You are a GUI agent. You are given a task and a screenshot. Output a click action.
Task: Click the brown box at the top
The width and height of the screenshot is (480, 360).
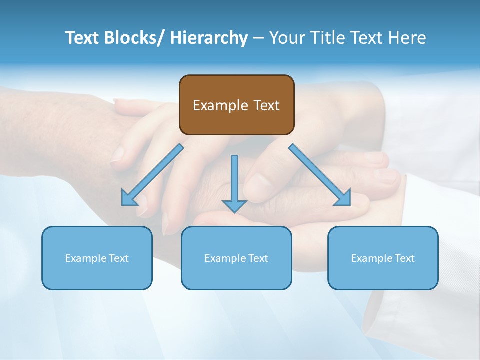tap(236, 105)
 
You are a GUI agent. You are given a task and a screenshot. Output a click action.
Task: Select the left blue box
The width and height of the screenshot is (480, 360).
tap(97, 258)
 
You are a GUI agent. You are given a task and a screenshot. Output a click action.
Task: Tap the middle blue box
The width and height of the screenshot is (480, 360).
tap(236, 258)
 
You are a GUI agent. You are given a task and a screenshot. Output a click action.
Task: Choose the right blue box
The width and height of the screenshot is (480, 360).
tap(383, 258)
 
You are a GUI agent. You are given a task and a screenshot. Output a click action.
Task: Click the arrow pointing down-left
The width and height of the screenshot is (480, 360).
tap(155, 173)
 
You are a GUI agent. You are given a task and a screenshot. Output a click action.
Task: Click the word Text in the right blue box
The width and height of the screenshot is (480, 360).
tap(404, 258)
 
